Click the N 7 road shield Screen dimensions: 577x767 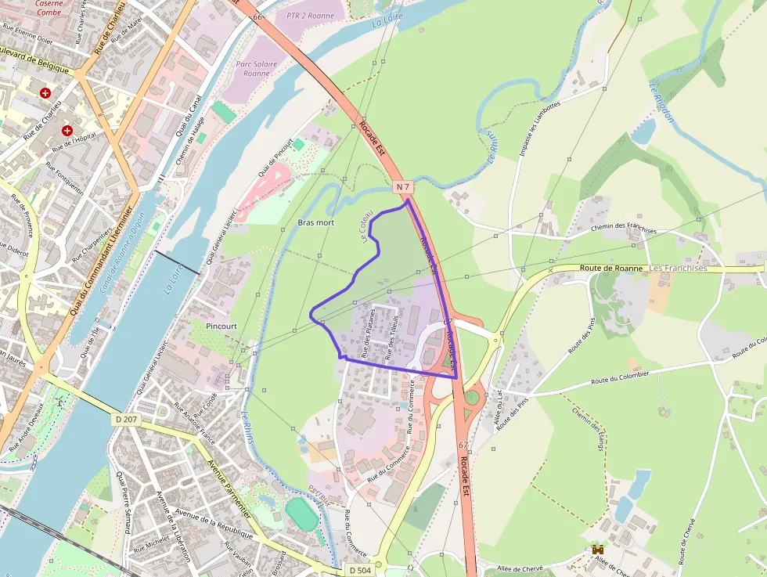(x=403, y=187)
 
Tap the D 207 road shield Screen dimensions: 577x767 (x=125, y=420)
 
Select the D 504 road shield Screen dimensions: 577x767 (x=359, y=569)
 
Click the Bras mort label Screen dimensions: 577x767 (x=316, y=223)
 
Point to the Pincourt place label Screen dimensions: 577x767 (x=221, y=326)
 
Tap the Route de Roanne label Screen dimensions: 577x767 (x=612, y=268)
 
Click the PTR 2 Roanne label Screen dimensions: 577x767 (x=310, y=16)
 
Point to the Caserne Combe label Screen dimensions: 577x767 (x=49, y=8)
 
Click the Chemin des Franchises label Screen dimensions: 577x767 (x=624, y=229)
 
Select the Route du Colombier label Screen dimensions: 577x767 (x=620, y=377)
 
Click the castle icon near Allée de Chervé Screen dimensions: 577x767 (x=599, y=551)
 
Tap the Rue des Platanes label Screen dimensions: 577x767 (x=368, y=332)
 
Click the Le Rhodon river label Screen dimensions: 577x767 (x=661, y=102)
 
